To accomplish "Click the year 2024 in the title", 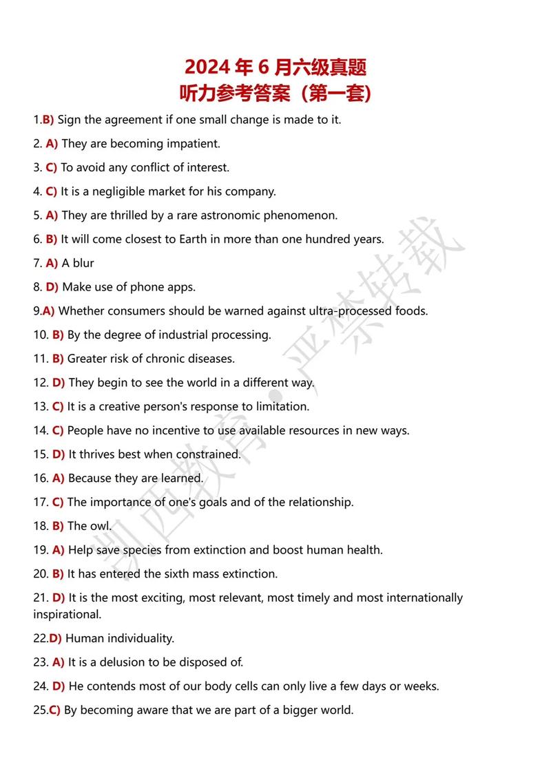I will (x=207, y=67).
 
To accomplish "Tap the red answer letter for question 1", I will (x=48, y=120).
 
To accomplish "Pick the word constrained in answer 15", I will (x=207, y=454).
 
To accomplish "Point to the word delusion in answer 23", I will (x=121, y=663).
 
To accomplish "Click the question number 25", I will (x=40, y=710).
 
